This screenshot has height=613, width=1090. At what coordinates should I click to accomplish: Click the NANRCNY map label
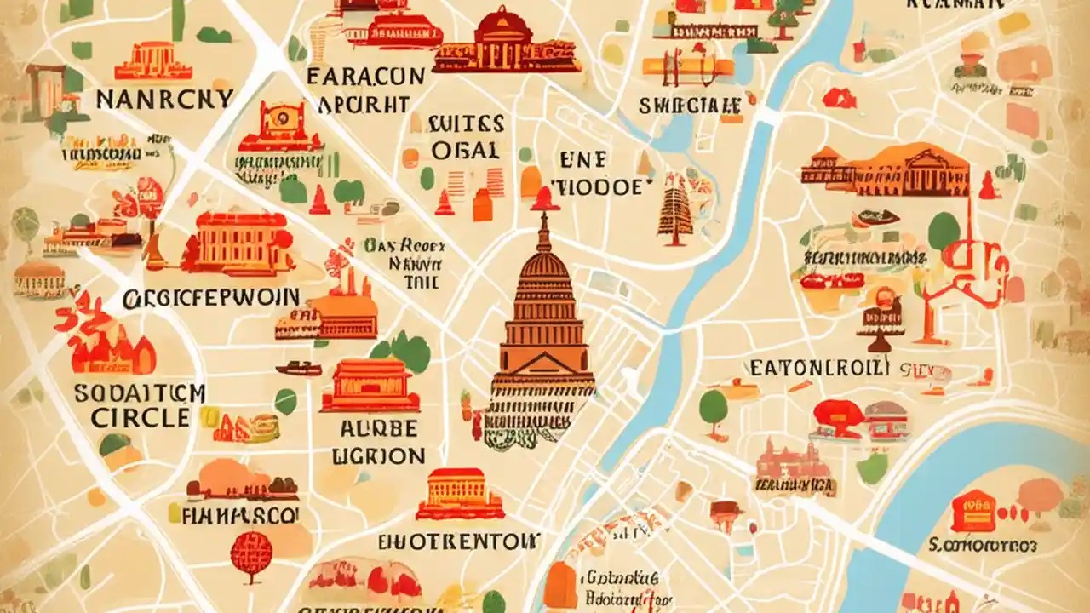(x=163, y=99)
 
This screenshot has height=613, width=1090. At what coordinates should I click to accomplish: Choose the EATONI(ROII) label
(x=819, y=368)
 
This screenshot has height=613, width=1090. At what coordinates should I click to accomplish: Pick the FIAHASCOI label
(x=240, y=515)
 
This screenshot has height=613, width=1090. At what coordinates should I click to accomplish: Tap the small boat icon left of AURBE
(x=299, y=368)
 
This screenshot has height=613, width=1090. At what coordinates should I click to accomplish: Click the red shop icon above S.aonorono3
(x=972, y=512)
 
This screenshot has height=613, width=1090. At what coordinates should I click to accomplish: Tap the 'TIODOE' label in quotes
(x=602, y=187)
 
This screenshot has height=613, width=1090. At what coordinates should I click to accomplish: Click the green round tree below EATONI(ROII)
(x=714, y=406)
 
